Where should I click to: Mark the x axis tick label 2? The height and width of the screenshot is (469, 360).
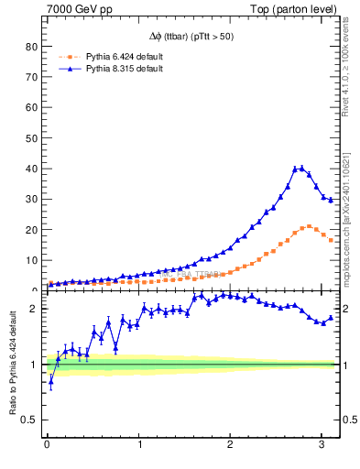[x=231, y=446]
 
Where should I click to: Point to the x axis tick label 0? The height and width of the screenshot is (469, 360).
[x=47, y=446]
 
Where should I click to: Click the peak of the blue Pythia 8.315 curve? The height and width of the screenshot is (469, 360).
[x=300, y=169]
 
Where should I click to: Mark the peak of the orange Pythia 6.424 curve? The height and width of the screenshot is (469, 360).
[x=309, y=226]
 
